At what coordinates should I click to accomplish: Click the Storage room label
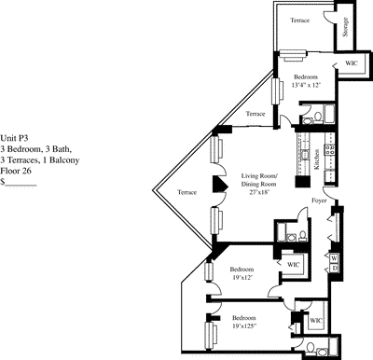click(x=344, y=30)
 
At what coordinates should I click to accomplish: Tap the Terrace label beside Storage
click(x=299, y=20)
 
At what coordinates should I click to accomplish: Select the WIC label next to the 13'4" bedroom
click(x=351, y=63)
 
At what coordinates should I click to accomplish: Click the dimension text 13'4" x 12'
click(x=307, y=86)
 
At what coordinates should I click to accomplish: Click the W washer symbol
click(x=334, y=257)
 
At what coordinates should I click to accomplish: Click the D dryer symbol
click(x=334, y=269)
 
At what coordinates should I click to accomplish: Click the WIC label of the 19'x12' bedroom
click(x=293, y=265)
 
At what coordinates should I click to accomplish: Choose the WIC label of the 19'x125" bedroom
click(x=314, y=321)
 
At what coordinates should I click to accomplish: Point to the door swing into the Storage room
click(x=328, y=21)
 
